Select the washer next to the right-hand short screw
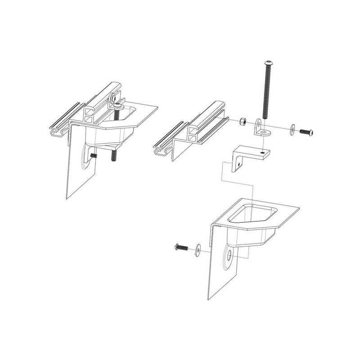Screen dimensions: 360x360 click(293, 130)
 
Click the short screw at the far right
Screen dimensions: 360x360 click(306, 132)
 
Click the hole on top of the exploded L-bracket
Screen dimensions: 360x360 click(263, 152)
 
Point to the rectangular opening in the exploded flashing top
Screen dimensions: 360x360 click(250, 213)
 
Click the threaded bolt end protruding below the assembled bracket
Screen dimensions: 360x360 click(114, 156)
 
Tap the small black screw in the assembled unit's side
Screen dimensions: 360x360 click(94, 155)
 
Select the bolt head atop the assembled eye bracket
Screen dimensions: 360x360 click(117, 105)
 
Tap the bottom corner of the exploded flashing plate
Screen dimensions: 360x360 click(208, 298)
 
